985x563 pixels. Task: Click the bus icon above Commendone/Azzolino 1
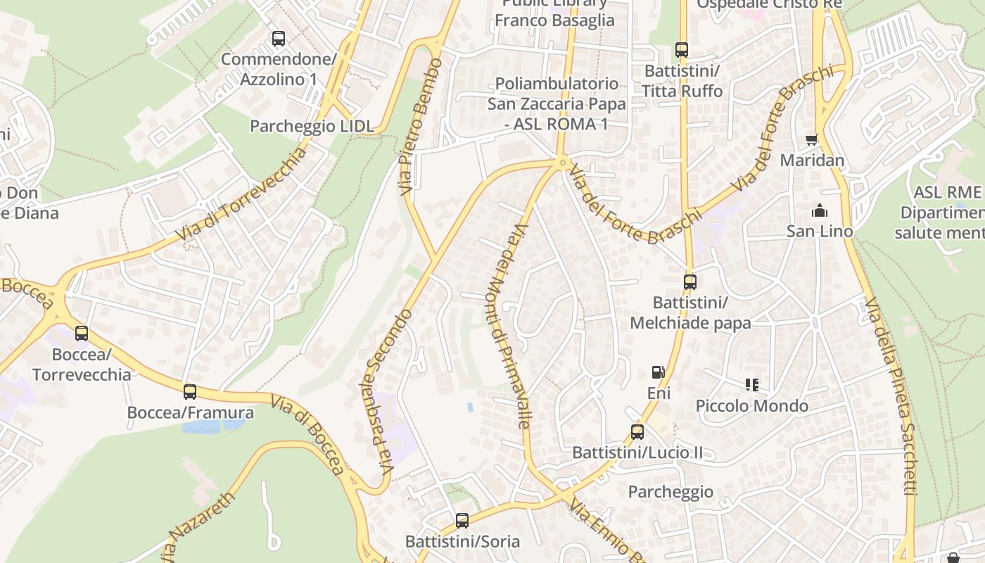[279, 39]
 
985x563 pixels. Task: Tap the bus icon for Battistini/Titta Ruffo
[681, 50]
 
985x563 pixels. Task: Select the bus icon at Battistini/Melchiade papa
[690, 282]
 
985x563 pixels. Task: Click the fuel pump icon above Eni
[658, 372]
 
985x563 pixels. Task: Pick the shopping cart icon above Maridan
[812, 140]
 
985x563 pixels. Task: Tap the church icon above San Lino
[819, 210]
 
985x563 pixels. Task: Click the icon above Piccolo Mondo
[751, 385]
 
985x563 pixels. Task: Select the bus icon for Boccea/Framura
[190, 392]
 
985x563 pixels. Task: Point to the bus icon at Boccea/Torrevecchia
[82, 334]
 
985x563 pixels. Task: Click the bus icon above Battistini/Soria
[462, 521]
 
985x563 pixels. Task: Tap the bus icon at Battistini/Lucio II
[637, 432]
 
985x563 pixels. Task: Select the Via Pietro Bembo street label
[420, 127]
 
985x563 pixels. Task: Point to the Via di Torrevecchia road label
[243, 194]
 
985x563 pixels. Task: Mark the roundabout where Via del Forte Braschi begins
[561, 163]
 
